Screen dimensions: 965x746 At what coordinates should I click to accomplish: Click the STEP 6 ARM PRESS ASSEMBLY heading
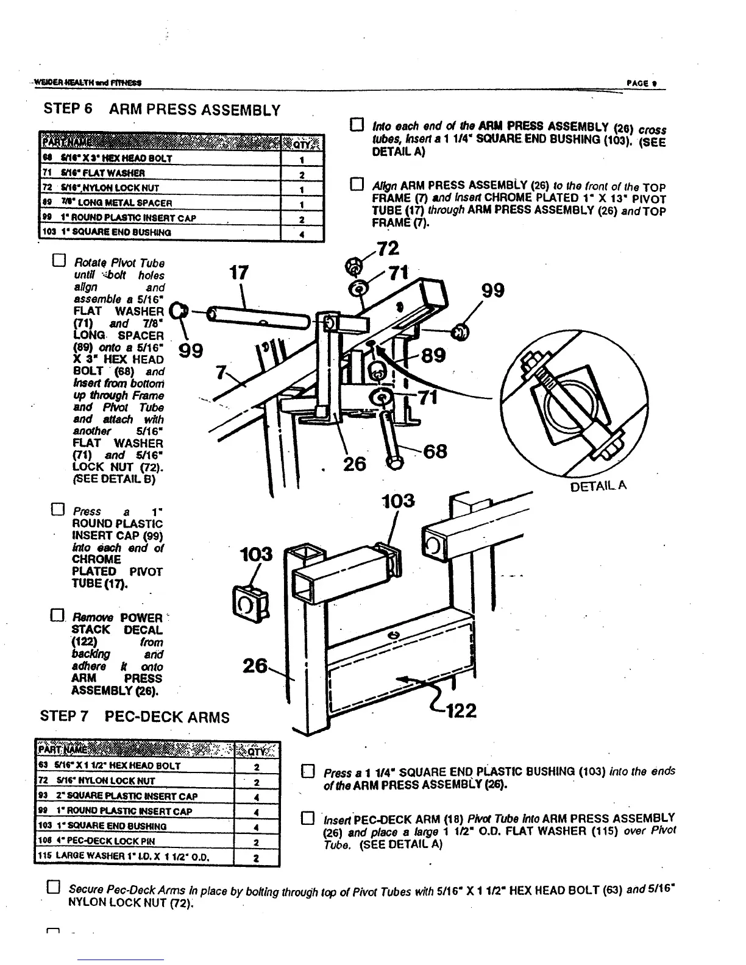pyautogui.click(x=162, y=110)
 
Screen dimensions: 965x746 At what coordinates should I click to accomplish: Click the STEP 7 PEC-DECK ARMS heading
pyautogui.click(x=135, y=716)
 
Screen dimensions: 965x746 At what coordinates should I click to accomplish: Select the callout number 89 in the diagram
pyautogui.click(x=432, y=355)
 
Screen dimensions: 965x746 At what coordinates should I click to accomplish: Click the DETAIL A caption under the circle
pyautogui.click(x=598, y=486)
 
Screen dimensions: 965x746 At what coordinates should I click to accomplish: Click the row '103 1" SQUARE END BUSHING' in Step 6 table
pyautogui.click(x=180, y=232)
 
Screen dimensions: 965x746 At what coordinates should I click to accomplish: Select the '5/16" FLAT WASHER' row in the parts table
pyautogui.click(x=180, y=173)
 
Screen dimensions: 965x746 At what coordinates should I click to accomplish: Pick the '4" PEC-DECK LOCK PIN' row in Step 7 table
pyautogui.click(x=156, y=841)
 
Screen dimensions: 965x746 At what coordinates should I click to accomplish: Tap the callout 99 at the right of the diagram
pyautogui.click(x=493, y=291)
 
